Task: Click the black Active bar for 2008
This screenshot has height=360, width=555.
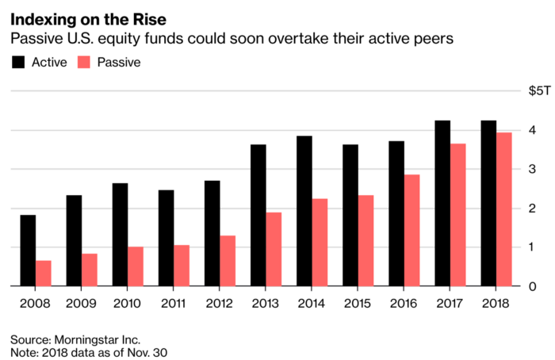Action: tap(28, 251)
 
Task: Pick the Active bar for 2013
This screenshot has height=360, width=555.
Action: tap(258, 215)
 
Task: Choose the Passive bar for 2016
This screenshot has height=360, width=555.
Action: tap(411, 230)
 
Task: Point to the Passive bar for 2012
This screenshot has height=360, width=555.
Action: tap(228, 261)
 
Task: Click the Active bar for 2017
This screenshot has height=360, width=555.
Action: tap(442, 203)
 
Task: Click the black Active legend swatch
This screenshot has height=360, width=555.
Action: tap(17, 62)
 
